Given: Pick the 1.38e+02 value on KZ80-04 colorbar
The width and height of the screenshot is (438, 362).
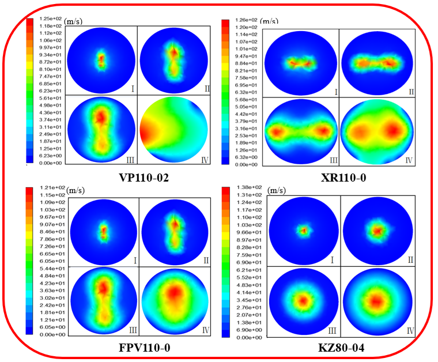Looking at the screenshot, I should point(250,188).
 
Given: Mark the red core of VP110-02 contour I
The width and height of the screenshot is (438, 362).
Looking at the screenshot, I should point(101,59).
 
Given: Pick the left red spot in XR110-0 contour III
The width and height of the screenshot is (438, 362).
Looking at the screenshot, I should point(277,132).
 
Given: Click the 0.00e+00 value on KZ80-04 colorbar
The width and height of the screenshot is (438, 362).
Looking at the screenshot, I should point(250,337).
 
